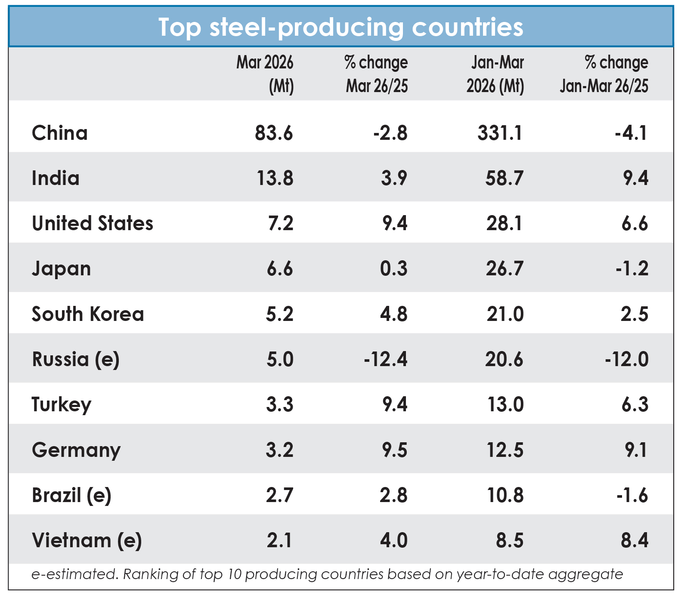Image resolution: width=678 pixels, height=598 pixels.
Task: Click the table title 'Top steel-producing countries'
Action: pos(341,28)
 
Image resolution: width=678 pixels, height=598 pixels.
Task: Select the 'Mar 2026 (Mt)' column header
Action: pos(265,74)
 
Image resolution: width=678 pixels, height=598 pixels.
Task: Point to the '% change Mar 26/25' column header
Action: pos(376,74)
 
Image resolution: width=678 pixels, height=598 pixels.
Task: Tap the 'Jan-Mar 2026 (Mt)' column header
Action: pos(495,74)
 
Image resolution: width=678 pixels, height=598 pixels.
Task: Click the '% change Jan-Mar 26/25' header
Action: pos(604,74)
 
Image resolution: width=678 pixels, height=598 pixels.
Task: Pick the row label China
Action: pos(60,133)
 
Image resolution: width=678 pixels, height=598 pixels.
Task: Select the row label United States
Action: pos(93,223)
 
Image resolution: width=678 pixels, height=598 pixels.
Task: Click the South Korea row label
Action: pos(88,314)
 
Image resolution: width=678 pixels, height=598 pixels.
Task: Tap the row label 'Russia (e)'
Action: pos(76,360)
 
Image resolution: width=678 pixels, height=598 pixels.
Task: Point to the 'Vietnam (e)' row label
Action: pos(87,541)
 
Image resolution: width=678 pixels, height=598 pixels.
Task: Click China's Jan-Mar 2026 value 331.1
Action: pos(500,133)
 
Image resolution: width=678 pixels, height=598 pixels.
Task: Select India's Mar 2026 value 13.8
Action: pos(275,178)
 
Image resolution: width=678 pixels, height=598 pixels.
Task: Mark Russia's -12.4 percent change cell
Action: pos(386,359)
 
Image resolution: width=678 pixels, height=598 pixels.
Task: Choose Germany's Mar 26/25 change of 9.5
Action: pos(395,450)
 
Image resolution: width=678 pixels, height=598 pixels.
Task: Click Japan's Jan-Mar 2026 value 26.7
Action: pos(505,269)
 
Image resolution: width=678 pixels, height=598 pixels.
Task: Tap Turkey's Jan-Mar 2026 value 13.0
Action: pos(505,405)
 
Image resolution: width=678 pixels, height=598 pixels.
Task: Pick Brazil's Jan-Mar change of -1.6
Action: pos(632,495)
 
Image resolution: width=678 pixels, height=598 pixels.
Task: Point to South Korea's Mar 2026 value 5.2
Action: pos(280,314)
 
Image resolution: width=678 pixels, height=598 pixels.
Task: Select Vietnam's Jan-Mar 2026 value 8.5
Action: pos(510,541)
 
